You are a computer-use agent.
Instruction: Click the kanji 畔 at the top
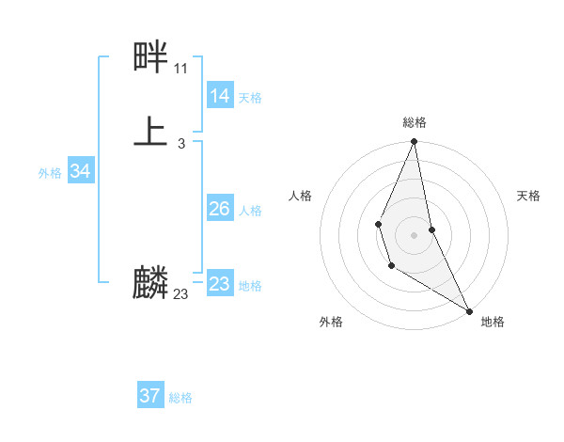(x=150, y=58)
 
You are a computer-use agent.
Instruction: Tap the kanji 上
(x=150, y=132)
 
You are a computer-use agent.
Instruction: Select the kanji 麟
(x=150, y=282)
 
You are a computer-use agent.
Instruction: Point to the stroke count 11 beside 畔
(x=180, y=69)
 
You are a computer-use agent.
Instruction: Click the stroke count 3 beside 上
(x=180, y=144)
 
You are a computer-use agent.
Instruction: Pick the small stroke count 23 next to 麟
(x=180, y=294)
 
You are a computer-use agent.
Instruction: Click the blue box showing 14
(x=219, y=96)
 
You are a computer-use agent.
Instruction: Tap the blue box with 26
(x=219, y=209)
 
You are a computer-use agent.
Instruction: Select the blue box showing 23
(x=219, y=284)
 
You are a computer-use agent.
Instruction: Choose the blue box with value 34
(x=80, y=171)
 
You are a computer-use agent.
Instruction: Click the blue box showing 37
(x=149, y=396)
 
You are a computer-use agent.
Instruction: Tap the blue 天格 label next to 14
(x=250, y=98)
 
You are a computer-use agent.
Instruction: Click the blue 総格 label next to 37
(x=180, y=398)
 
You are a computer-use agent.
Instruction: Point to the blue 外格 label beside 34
(x=50, y=173)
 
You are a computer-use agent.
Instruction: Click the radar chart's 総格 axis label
(x=415, y=122)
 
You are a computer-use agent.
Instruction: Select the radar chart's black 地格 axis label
(x=493, y=323)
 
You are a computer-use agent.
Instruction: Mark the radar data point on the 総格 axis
(x=415, y=142)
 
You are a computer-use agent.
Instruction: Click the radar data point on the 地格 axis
(x=469, y=311)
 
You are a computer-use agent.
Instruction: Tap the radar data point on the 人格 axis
(x=378, y=224)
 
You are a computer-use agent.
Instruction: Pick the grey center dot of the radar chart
(x=415, y=234)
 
